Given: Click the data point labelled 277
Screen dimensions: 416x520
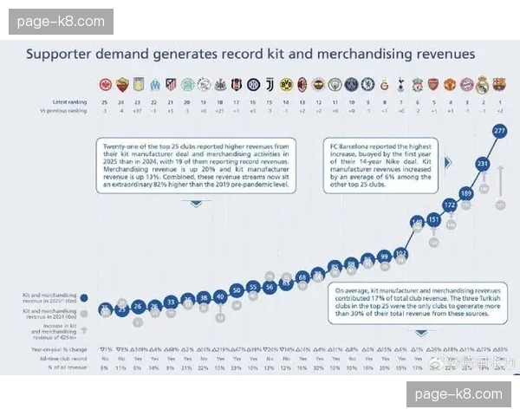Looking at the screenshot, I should pyautogui.click(x=499, y=131).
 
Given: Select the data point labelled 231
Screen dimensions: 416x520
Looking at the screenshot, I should pyautogui.click(x=483, y=163).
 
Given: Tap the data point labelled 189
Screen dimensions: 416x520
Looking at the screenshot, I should pyautogui.click(x=466, y=192).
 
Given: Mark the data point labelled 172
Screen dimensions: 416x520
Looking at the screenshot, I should pyautogui.click(x=450, y=205).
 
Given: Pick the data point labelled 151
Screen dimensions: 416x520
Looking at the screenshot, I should pyautogui.click(x=433, y=219).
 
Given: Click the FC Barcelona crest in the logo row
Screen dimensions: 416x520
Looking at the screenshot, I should pyautogui.click(x=499, y=84).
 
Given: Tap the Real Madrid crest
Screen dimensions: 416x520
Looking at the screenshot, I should pyautogui.click(x=483, y=84).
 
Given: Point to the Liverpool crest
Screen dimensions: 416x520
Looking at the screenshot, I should pyautogui.click(x=417, y=84).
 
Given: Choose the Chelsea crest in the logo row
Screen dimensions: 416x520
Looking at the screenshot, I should pyautogui.click(x=367, y=84).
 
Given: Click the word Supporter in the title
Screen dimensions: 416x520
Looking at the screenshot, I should pyautogui.click(x=60, y=54).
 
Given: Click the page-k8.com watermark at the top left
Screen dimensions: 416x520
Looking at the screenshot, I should pyautogui.click(x=61, y=22).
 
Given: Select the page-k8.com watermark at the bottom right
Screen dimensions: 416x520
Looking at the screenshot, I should pyautogui.click(x=458, y=394).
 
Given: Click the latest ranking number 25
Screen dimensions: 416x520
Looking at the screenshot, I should pyautogui.click(x=105, y=102).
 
